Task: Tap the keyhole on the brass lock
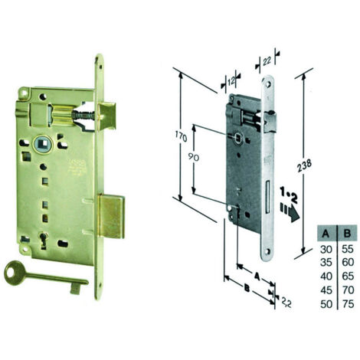click(44, 238)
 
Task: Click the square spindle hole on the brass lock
click(42, 144)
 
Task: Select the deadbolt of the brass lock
click(111, 216)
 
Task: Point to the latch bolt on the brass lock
click(107, 116)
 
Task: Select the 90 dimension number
click(194, 158)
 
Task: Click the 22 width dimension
click(267, 61)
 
